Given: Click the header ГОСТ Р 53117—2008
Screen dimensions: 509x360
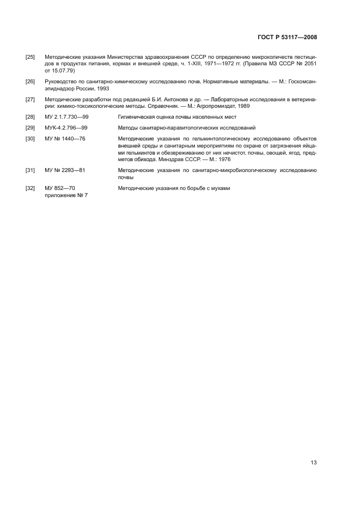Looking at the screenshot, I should click(x=287, y=38).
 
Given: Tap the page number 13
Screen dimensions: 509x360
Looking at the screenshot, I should click(x=313, y=463).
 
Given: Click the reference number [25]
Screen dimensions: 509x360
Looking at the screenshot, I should click(x=30, y=57).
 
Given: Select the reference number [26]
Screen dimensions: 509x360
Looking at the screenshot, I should click(x=30, y=81).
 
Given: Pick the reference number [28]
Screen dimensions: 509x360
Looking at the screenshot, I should click(x=30, y=117).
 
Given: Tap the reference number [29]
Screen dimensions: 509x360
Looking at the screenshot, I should click(x=30, y=127).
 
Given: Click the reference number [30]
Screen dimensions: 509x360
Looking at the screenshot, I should click(x=30, y=138).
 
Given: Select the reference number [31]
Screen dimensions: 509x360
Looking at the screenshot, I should click(x=30, y=170).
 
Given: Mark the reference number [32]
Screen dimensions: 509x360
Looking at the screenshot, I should click(x=30, y=188).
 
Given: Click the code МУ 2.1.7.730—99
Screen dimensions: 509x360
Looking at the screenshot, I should click(x=66, y=117).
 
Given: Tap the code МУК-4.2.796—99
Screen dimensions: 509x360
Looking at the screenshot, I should click(x=66, y=127).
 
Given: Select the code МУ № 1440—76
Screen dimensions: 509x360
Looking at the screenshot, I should click(x=65, y=138).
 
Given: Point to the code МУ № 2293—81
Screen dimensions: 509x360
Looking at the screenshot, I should click(x=65, y=170).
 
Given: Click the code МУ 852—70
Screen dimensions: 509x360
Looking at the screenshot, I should click(x=59, y=188).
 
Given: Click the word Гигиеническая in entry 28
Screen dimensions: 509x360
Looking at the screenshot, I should click(x=136, y=117).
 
